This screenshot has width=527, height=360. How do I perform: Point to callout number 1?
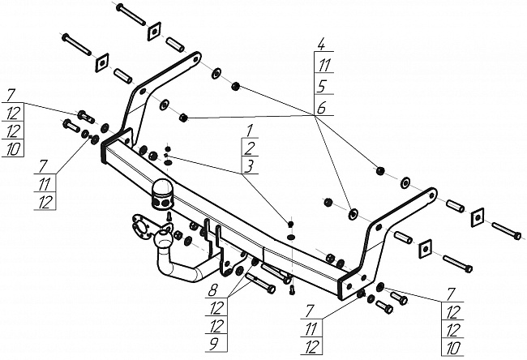tap(250, 131)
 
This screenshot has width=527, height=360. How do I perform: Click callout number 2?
tap(250, 148)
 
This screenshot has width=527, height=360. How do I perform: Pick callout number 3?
tap(250, 166)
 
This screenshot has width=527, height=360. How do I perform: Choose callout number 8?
tap(213, 289)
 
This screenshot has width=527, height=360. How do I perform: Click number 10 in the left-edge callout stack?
tap(13, 150)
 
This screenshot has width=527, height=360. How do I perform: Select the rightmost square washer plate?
tap(477, 214)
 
